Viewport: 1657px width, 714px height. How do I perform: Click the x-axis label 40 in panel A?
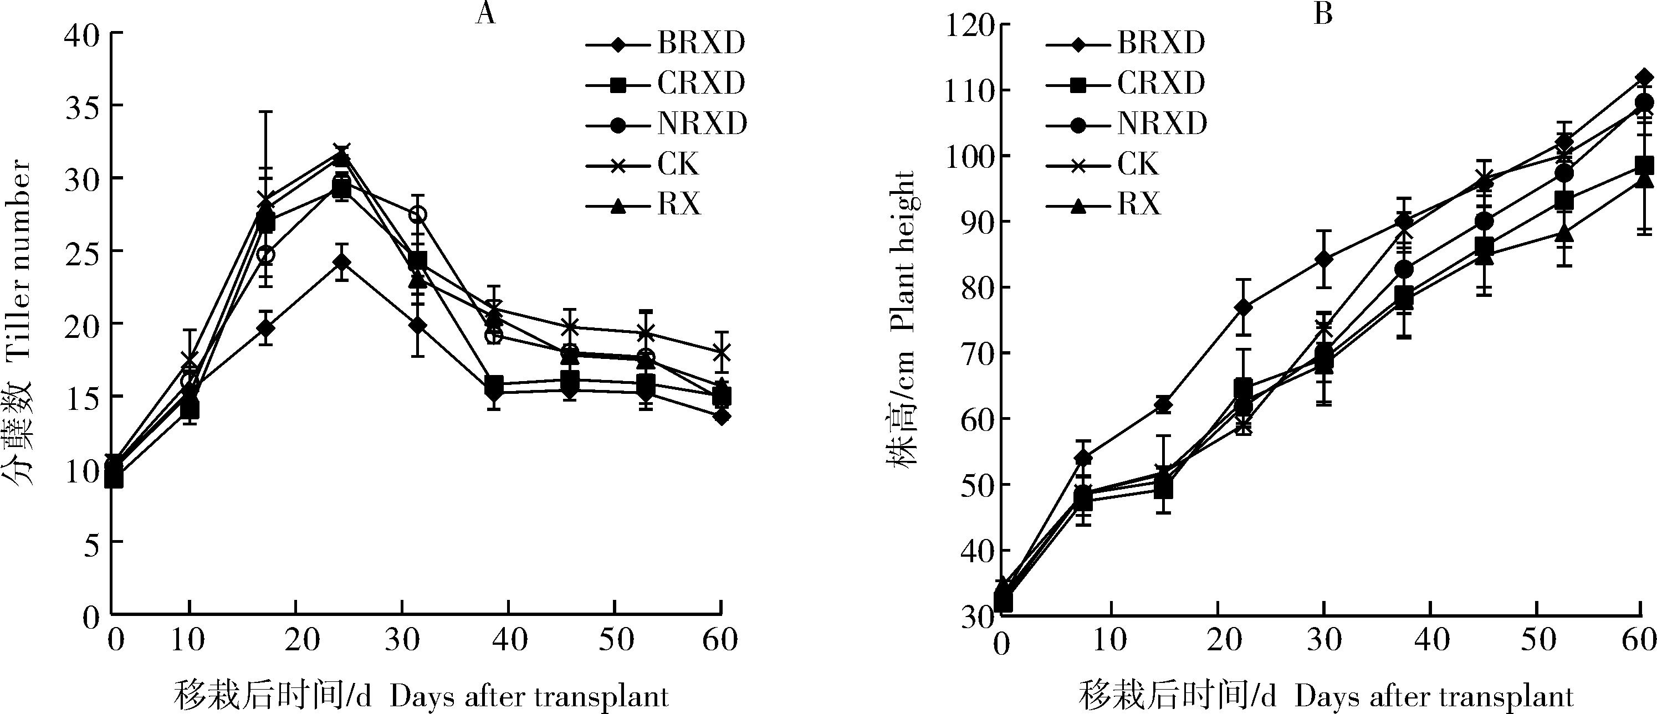point(509,640)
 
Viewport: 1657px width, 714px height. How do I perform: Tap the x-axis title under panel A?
point(421,697)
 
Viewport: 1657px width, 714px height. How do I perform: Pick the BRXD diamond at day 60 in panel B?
point(1644,78)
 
